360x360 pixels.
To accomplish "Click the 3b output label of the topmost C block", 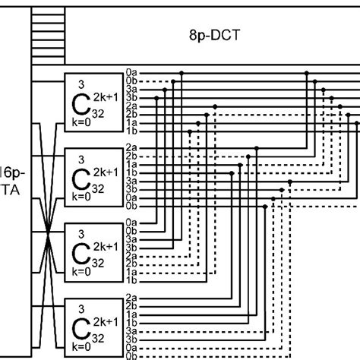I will [x=131, y=97].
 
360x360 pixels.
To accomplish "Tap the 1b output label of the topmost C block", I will [x=131, y=131].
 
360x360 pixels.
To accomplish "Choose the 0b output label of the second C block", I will [x=131, y=205].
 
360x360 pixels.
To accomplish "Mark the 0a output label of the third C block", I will [x=131, y=223].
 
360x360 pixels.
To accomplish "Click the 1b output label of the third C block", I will [x=131, y=279].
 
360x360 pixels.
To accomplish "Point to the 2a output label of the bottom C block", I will [x=131, y=297].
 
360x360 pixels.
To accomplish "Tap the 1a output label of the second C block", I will [x=131, y=165].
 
